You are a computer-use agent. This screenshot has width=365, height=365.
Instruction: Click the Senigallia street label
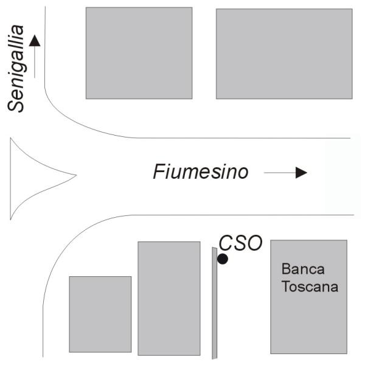(x=17, y=68)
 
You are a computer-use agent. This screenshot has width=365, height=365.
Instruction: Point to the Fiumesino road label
(x=200, y=172)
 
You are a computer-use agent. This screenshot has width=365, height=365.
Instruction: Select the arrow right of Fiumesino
(x=285, y=173)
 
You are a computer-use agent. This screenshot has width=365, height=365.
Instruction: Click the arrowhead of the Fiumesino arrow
(x=301, y=173)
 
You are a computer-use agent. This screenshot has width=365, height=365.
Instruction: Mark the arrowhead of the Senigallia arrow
(x=35, y=41)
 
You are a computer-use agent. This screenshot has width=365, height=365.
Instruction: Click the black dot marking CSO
(x=223, y=259)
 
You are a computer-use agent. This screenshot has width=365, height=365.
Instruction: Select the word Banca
(x=303, y=269)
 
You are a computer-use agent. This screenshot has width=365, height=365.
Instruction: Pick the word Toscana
(x=310, y=287)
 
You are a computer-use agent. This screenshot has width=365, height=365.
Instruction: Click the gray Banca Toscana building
(x=308, y=316)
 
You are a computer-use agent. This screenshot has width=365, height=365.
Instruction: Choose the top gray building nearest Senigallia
(x=139, y=53)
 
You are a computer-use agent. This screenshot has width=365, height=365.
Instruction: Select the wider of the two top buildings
(x=283, y=53)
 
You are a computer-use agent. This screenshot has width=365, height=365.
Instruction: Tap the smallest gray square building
(x=100, y=314)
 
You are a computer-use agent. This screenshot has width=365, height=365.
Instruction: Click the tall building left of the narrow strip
(x=169, y=298)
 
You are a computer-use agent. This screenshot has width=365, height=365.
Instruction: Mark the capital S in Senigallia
(x=17, y=103)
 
